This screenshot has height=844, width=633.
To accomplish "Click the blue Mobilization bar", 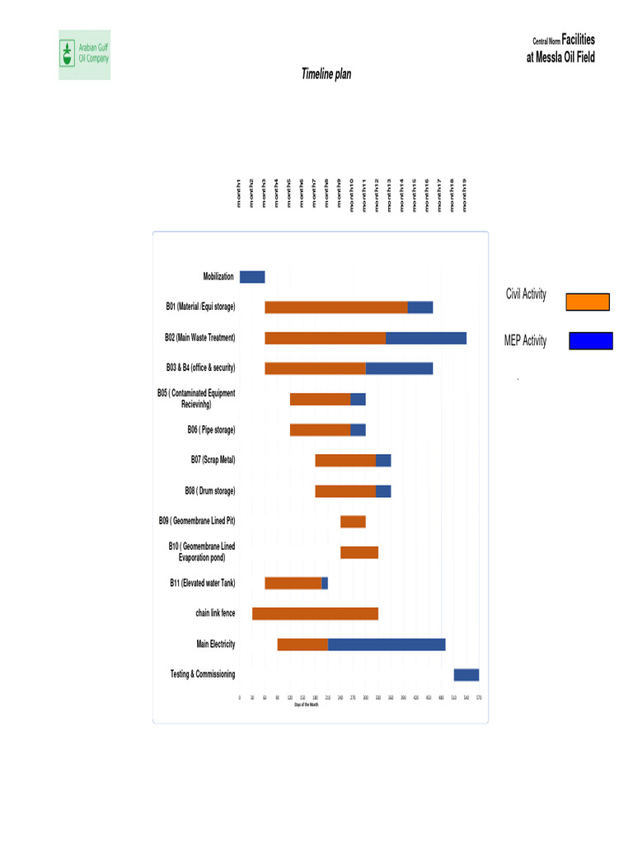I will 252,277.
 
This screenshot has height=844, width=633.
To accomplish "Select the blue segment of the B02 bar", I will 426,338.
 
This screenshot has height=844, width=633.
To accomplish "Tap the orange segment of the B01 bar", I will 336,307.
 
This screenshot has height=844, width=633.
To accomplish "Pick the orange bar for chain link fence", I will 315,613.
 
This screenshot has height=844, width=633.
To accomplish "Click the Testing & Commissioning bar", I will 467,675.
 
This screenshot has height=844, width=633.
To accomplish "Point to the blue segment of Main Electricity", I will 387,645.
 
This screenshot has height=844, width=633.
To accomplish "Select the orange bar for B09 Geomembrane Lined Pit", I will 353,522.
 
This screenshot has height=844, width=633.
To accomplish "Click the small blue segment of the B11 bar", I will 325,584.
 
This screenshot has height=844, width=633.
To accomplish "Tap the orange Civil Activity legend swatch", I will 588,302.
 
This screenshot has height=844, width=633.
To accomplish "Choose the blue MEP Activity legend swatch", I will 591,341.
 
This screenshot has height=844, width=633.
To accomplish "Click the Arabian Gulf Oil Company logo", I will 84,54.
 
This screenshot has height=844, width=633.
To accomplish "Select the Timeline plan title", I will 326,74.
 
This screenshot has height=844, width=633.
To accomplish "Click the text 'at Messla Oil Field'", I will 560,58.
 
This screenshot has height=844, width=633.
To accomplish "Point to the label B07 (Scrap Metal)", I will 213,460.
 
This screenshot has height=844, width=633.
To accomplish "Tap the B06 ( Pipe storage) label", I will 211,429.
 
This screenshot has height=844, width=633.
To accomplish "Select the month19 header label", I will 466,195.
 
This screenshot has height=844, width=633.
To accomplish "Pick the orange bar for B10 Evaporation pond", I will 359,552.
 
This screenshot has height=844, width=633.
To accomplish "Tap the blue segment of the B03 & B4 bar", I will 400,368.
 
